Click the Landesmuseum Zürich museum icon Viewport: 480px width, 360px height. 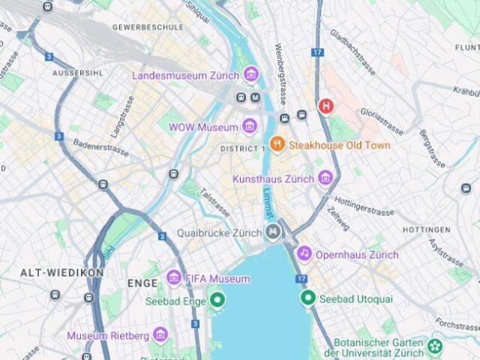click(x=250, y=75)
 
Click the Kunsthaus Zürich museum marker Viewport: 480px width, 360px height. click(x=325, y=178)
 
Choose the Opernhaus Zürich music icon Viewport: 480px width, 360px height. click(x=304, y=254)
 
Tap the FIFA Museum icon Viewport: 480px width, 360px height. click(x=173, y=278)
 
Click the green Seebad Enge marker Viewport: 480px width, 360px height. click(x=217, y=301)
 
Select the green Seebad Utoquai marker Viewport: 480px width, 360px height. click(x=307, y=298)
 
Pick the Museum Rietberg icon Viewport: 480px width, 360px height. click(x=160, y=334)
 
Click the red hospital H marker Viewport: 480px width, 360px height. click(x=325, y=106)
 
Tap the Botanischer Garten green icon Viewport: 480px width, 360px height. click(x=435, y=348)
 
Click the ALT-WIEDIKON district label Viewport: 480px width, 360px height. click(x=61, y=273)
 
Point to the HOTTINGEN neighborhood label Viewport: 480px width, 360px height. click(x=426, y=229)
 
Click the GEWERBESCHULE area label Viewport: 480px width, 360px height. click(x=148, y=27)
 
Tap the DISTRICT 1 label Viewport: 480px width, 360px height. click(x=243, y=149)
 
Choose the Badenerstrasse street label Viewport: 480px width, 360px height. click(x=101, y=148)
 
